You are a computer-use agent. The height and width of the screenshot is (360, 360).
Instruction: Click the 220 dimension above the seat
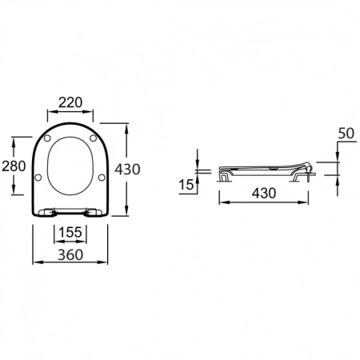(x=70, y=102)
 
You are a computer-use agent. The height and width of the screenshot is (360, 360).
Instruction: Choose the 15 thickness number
(x=186, y=186)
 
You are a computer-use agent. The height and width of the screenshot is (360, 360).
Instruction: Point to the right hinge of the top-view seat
(x=91, y=212)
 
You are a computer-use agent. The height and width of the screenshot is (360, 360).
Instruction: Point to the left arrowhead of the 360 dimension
(x=34, y=262)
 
